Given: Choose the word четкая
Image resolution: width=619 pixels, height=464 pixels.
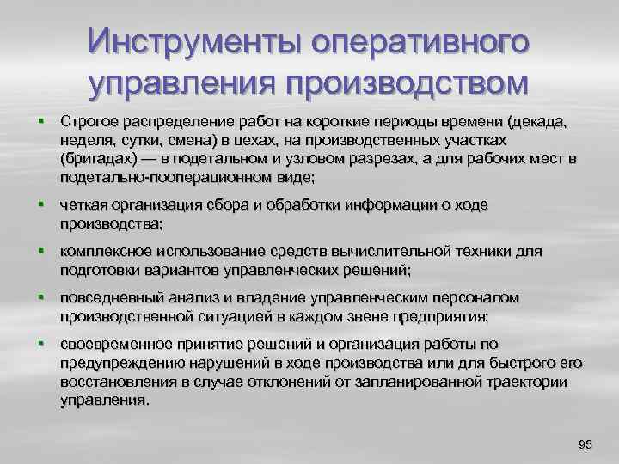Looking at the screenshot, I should [x=84, y=205].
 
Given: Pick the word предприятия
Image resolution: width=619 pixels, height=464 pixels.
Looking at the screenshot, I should [x=441, y=316].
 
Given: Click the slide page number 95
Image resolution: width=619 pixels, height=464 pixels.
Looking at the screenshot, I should [x=585, y=443].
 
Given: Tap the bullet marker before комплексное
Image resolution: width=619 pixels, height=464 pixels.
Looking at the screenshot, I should [x=40, y=251].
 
